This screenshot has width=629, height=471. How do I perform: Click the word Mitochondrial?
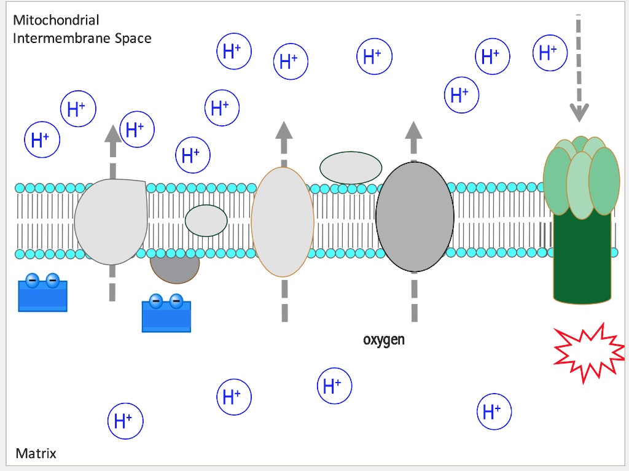click(x=56, y=21)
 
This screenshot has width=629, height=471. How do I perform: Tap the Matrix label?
click(x=36, y=454)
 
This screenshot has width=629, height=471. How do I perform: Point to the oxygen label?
click(x=384, y=340)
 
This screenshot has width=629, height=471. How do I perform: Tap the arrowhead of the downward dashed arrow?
click(x=579, y=112)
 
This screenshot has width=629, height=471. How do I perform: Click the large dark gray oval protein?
click(x=415, y=217)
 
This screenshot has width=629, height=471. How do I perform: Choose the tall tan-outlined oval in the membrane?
click(x=283, y=222)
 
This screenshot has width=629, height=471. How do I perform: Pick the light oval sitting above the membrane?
click(x=351, y=167)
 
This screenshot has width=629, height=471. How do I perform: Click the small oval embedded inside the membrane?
click(x=206, y=221)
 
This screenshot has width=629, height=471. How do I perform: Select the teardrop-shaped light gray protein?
click(x=111, y=221)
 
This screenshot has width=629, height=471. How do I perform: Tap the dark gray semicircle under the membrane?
click(x=175, y=269)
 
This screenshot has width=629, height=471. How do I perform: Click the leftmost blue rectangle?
click(x=43, y=296)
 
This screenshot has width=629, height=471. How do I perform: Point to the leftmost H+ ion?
click(x=42, y=140)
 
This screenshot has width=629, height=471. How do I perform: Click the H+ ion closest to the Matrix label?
click(x=125, y=421)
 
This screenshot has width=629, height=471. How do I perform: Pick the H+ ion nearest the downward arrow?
click(x=550, y=53)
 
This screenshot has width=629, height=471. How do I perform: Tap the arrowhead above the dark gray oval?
click(x=413, y=130)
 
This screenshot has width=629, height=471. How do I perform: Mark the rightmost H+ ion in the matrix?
click(x=494, y=411)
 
